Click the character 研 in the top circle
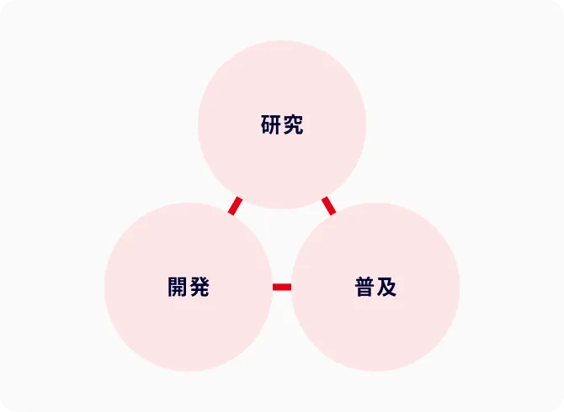271,124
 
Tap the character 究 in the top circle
293,124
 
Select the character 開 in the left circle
178,287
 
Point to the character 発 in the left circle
200,287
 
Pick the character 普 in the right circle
364,287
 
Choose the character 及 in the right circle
386,287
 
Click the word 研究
282,124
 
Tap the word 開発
189,287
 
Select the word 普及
376,287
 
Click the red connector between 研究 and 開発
235,206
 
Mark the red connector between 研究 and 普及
329,206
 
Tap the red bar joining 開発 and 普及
282,287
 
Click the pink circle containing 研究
282,124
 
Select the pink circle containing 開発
189,287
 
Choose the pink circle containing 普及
375,287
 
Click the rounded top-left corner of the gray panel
3,3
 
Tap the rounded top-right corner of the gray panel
561,3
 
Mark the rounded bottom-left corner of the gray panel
3,409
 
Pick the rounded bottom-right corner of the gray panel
561,409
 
